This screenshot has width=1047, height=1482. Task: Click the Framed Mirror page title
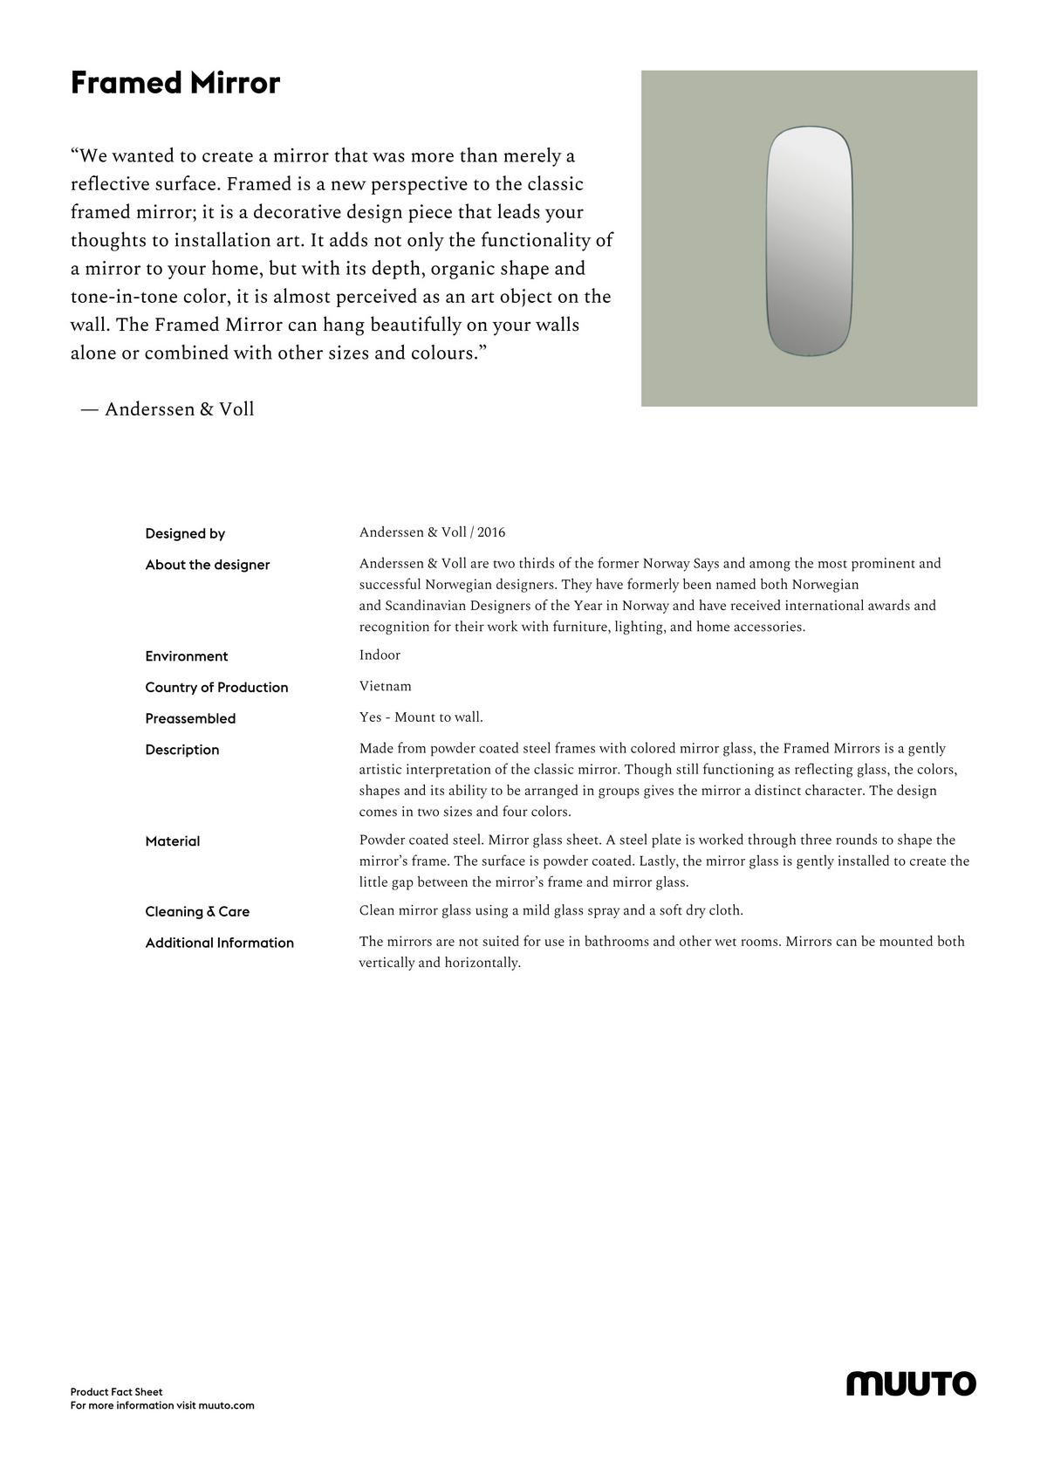click(175, 84)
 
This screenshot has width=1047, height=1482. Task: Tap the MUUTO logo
click(911, 1383)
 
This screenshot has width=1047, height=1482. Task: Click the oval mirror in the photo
click(809, 241)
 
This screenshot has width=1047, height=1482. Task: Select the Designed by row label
click(185, 533)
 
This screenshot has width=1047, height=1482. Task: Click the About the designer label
click(208, 565)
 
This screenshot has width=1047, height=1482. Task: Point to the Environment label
click(187, 656)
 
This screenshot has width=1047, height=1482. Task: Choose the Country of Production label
click(216, 688)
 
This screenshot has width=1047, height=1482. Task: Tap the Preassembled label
click(190, 718)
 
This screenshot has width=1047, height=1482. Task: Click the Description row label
click(182, 750)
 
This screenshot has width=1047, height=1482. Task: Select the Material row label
click(173, 841)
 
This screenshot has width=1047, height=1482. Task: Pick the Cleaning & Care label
click(197, 911)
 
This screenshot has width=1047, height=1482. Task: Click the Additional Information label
click(220, 943)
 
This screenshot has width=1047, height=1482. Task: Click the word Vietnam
click(385, 686)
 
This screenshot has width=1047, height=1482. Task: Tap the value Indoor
click(380, 655)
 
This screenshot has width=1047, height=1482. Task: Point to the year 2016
click(491, 532)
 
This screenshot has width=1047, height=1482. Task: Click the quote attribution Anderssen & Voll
click(179, 409)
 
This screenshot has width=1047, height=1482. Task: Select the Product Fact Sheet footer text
click(117, 1392)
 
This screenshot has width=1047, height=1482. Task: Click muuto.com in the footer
click(226, 1405)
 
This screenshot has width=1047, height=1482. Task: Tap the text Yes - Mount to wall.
click(421, 717)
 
